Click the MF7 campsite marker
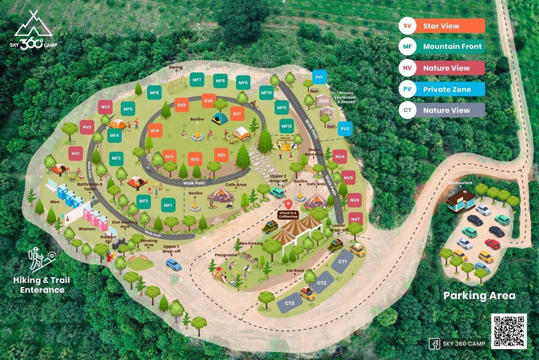(197, 80)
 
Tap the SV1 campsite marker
(221, 155)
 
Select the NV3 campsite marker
(105, 107)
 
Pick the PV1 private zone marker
(319, 77)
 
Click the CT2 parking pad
(322, 283)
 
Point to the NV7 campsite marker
(355, 219)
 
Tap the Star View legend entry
(442, 26)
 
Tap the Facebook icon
(434, 343)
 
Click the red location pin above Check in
(288, 204)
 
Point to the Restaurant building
(460, 201)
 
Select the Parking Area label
(479, 295)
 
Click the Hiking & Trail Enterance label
(42, 285)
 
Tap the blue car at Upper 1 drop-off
(173, 264)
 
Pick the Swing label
(176, 67)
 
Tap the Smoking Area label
(148, 243)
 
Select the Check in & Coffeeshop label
(288, 215)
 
